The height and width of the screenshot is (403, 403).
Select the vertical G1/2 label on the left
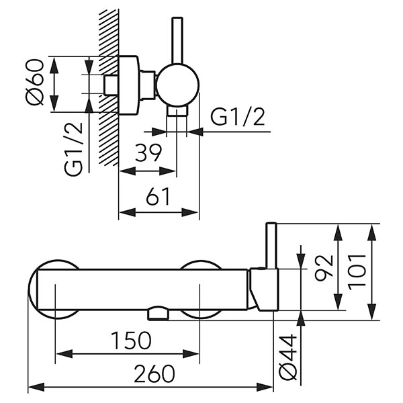75,148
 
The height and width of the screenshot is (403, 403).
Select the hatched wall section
106,87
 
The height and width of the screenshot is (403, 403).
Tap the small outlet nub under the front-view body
159,314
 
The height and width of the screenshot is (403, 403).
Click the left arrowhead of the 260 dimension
31,388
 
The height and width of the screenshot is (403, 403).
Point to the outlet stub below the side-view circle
177,111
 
